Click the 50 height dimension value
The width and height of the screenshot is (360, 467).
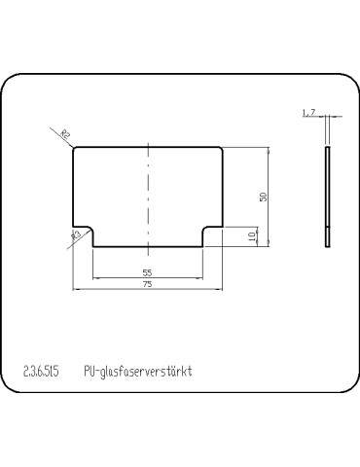tap(263, 197)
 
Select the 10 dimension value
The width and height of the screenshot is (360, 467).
tap(252, 236)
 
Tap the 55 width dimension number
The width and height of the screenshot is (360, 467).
tap(147, 272)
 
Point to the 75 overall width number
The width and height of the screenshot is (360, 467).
tap(147, 285)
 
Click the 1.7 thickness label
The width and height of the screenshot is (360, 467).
tap(308, 114)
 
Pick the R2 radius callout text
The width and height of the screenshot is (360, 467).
tap(66, 135)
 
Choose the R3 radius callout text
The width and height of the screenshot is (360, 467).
tap(75, 234)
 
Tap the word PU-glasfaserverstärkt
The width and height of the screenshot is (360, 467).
tap(139, 371)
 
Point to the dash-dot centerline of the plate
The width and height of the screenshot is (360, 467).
tap(147, 195)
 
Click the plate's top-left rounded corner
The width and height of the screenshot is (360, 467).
tap(76, 149)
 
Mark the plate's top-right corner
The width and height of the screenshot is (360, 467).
tap(221, 148)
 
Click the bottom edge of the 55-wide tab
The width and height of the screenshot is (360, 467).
tap(147, 245)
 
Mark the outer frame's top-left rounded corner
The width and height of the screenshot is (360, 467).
tap(12, 82)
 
